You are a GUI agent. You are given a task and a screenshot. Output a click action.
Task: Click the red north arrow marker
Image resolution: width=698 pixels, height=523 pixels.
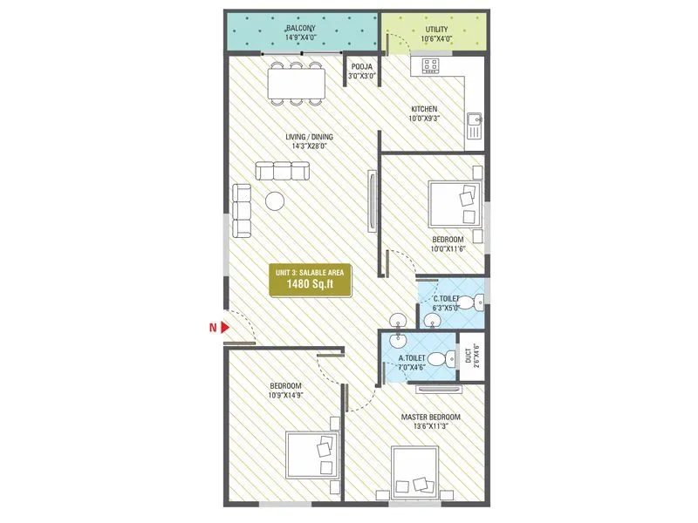click(225, 328)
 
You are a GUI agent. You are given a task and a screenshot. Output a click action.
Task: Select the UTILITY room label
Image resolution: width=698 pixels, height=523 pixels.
click(437, 29)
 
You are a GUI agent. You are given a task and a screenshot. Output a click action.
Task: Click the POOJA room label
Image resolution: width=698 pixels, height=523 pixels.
click(361, 66)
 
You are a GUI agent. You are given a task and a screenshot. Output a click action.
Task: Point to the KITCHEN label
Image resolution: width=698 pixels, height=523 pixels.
click(425, 109)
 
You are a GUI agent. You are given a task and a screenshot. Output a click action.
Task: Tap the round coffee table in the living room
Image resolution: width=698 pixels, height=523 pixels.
click(276, 200)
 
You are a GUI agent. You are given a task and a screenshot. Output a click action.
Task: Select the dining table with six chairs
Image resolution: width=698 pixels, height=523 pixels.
click(297, 83)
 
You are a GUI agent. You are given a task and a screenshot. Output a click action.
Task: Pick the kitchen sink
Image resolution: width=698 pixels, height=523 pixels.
click(475, 127)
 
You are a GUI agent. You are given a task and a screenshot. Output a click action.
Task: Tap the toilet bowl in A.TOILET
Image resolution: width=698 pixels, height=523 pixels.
click(448, 357)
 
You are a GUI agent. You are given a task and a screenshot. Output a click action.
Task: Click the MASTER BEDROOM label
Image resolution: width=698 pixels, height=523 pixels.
click(430, 418)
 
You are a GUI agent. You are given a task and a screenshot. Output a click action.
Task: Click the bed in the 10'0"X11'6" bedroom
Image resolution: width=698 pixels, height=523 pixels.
click(455, 203)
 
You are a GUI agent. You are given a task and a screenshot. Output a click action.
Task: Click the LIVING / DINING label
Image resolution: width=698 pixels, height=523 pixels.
click(309, 137)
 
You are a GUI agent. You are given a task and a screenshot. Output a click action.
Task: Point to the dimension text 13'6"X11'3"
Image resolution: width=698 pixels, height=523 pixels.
click(430, 427)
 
